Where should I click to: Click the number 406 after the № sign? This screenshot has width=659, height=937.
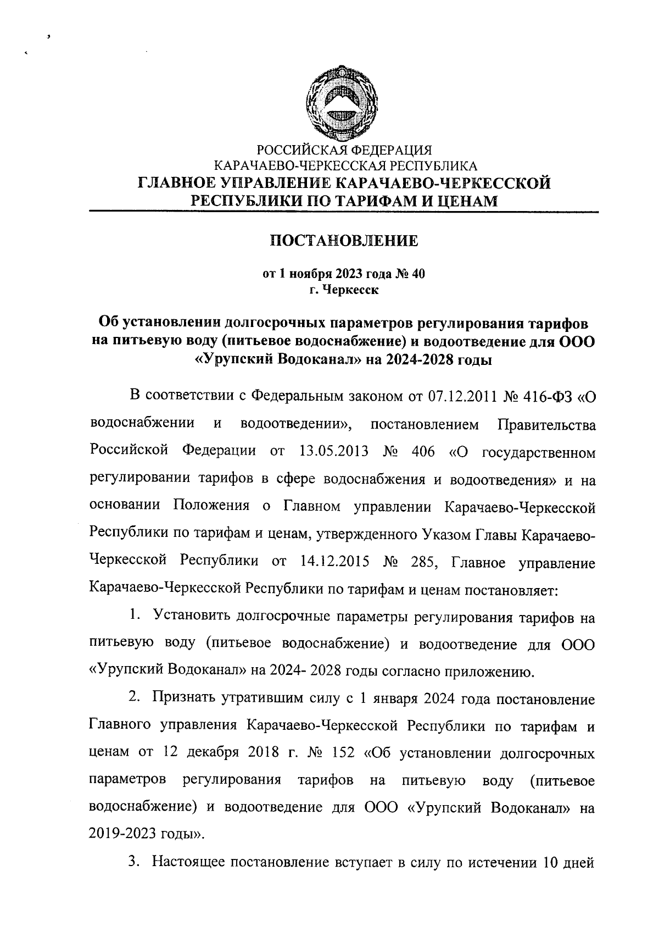[422, 452]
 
